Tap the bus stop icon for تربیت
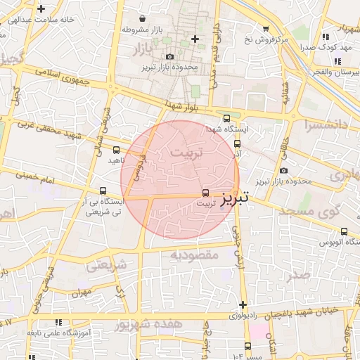205,192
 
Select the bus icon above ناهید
116,149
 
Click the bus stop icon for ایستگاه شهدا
226,119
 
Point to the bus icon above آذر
237,143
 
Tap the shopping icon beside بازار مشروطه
143,19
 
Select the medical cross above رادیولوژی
243,304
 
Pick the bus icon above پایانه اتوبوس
344,231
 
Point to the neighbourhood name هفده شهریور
149,324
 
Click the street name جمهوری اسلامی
67,78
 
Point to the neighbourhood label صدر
298,275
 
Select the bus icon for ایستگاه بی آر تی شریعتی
103,191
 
